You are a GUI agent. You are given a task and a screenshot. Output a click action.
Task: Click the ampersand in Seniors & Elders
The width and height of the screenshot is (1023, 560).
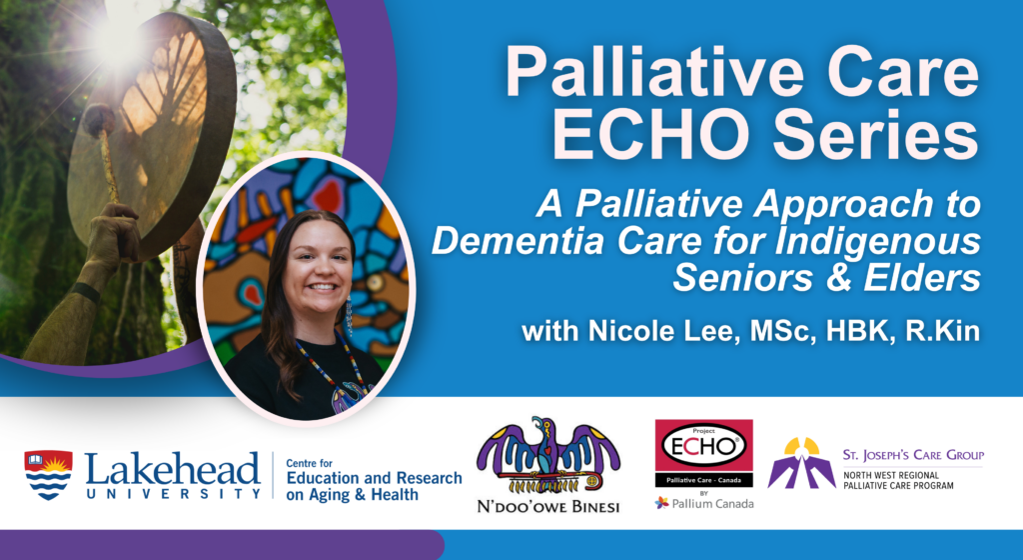835,277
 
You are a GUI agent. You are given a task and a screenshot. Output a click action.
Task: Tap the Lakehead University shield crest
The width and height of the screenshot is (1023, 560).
48,474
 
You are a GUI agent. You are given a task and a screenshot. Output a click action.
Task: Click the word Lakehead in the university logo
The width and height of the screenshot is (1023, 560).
172,469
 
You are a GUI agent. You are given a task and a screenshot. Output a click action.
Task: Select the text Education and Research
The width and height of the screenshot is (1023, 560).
374,478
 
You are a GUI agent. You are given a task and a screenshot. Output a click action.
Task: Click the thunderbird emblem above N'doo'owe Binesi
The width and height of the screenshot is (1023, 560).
548,456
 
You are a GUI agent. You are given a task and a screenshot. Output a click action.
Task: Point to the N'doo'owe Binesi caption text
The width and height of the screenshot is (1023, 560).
548,506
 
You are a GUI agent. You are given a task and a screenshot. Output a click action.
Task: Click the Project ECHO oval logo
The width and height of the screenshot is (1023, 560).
703,445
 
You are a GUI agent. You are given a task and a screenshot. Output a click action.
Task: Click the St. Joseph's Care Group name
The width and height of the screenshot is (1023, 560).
913,455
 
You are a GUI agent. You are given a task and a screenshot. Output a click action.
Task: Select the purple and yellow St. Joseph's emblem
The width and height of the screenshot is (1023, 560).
802,463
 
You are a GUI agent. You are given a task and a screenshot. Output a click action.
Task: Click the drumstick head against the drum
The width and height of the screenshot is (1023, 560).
99,119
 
